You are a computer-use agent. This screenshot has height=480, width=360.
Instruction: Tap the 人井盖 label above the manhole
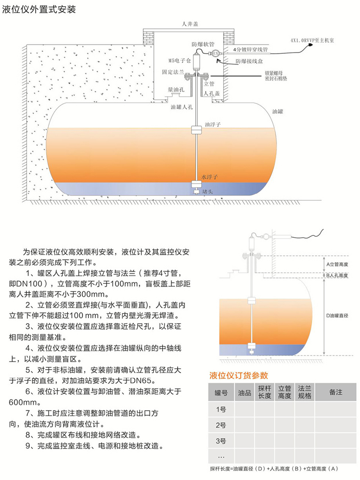pyautogui.click(x=190, y=24)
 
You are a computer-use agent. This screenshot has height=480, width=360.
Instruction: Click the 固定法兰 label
pyautogui.click(x=173, y=71)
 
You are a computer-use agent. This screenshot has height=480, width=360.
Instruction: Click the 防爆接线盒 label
pyautogui.click(x=249, y=61)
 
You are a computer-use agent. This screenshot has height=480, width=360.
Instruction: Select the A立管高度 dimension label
pyautogui.click(x=337, y=264)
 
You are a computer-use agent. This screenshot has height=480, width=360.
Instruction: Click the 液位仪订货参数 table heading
pyautogui.click(x=239, y=375)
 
